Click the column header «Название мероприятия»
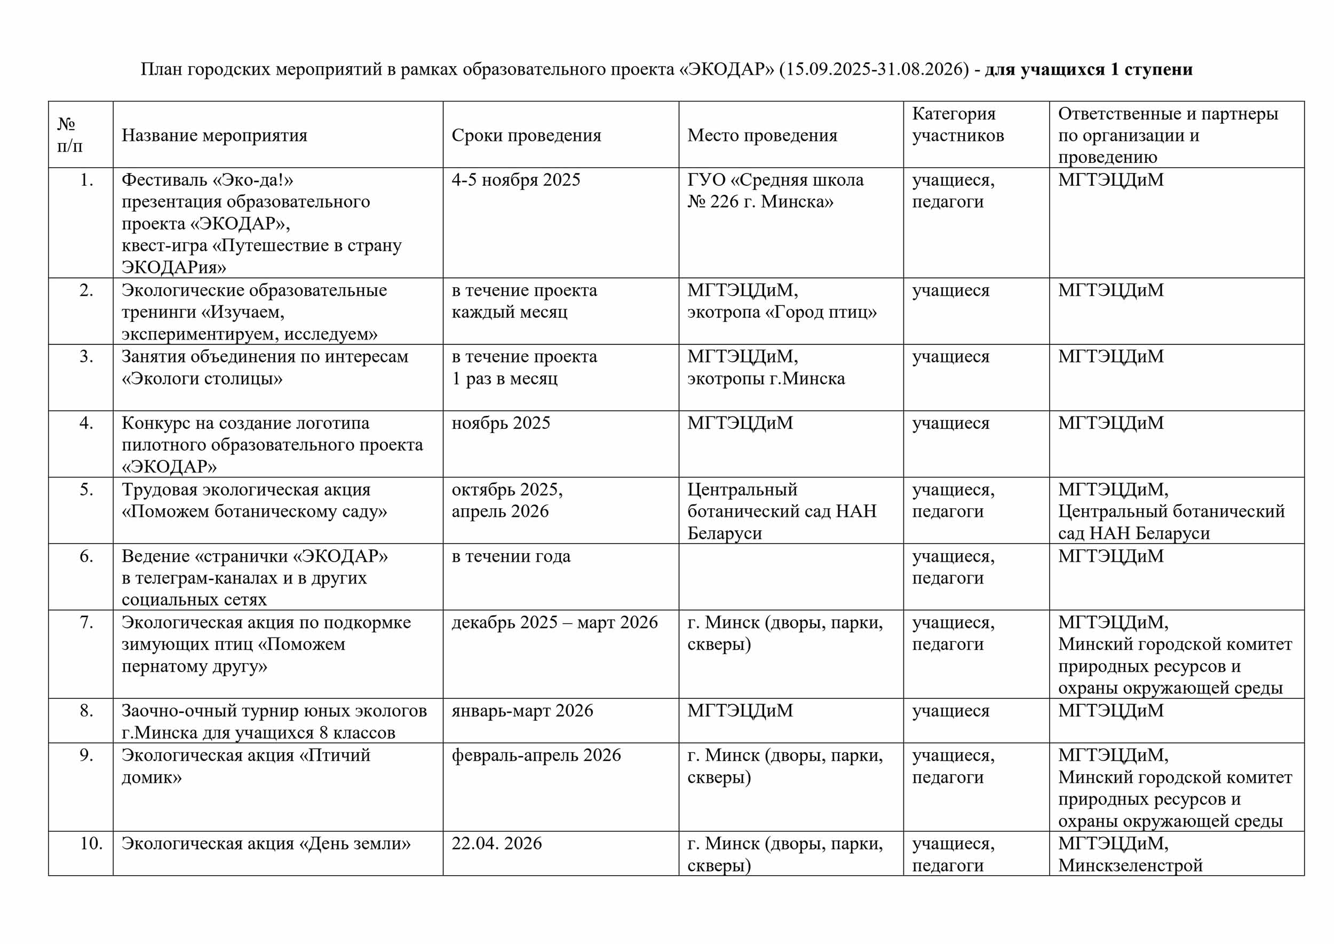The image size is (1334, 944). click(x=214, y=136)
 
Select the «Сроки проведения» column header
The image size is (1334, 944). click(x=526, y=136)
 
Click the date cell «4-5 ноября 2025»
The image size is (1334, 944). click(x=515, y=180)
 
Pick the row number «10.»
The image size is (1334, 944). click(x=91, y=844)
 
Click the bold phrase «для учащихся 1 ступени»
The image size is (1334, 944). click(x=1088, y=70)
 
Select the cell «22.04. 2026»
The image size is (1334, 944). click(x=496, y=844)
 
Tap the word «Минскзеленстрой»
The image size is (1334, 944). click(x=1130, y=866)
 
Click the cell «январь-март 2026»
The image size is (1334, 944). click(x=522, y=711)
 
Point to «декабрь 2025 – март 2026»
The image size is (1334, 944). click(x=554, y=623)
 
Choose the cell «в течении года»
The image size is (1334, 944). click(x=511, y=556)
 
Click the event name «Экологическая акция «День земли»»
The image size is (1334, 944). click(x=266, y=844)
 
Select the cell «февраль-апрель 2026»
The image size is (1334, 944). click(x=536, y=756)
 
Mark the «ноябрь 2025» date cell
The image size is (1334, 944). click(x=501, y=423)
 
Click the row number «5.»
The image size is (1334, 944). click(x=86, y=490)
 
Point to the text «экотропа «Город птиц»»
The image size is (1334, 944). click(x=782, y=312)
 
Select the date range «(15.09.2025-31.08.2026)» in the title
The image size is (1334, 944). click(x=874, y=70)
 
